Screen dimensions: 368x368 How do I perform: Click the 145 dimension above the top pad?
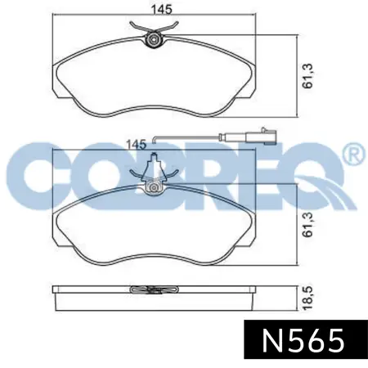pos(162,9)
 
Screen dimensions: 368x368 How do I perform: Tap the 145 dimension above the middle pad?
pos(136,144)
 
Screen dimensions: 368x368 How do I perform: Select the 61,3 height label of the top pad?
pos(308,76)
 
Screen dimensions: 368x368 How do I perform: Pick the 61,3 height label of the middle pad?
pos(308,225)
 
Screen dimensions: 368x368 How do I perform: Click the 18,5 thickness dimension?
pos(308,298)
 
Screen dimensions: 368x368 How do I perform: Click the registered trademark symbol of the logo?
pos(355,155)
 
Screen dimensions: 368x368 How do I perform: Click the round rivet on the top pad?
pos(154,40)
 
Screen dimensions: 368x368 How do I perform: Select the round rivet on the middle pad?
pos(154,187)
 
